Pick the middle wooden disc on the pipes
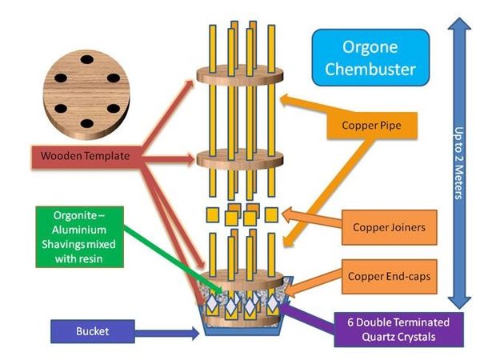pos(239,158)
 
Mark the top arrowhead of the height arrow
pos(458,26)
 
